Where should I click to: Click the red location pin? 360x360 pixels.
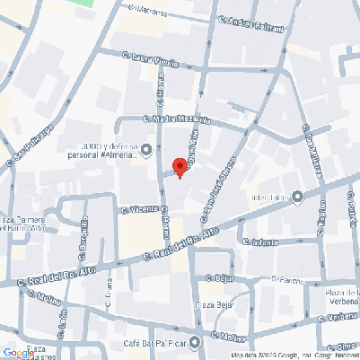pos(179,167)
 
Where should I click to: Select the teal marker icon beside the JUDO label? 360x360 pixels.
pos(147,150)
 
